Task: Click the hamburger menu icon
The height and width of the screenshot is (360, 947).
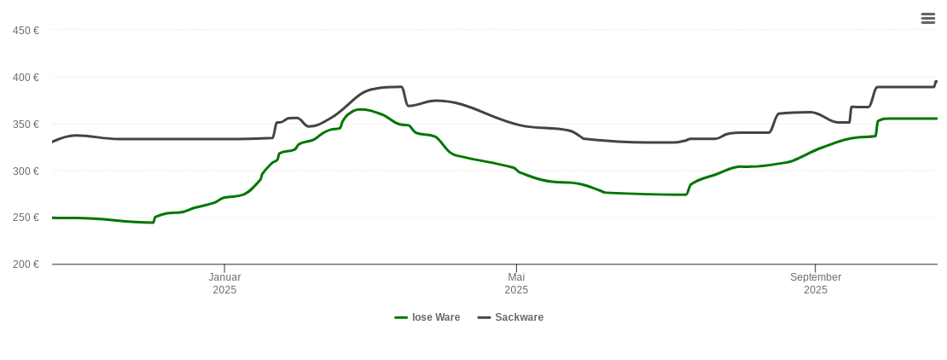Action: tap(928, 18)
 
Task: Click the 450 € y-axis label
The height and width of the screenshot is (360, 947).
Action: tap(26, 31)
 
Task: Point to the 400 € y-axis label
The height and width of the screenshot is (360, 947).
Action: tap(26, 78)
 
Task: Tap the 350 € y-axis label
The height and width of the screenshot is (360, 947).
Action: tap(26, 125)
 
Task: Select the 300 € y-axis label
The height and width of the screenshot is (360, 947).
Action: tap(26, 171)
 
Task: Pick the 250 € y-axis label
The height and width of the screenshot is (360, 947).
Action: tap(26, 218)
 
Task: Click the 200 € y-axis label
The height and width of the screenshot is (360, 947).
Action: tap(26, 264)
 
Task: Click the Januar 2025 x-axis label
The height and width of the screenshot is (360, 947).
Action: tap(224, 283)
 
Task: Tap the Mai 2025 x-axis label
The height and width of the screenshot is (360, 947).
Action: tap(516, 283)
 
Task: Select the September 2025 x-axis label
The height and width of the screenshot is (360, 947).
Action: tap(816, 283)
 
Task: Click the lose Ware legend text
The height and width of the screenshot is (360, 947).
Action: tap(436, 317)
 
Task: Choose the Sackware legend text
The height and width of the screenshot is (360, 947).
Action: tap(519, 317)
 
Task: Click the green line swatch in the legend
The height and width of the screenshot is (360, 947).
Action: tap(401, 317)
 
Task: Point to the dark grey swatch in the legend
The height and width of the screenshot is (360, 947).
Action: tap(485, 317)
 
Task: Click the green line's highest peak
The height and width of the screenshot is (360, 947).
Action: tap(361, 109)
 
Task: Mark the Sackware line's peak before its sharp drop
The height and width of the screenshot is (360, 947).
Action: tap(400, 87)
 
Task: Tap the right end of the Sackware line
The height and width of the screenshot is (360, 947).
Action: tap(937, 81)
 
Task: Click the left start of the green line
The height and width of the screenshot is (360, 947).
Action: tap(53, 218)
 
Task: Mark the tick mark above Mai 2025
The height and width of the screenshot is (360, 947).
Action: tap(516, 269)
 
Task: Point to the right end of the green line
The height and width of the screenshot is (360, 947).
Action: tap(937, 119)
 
